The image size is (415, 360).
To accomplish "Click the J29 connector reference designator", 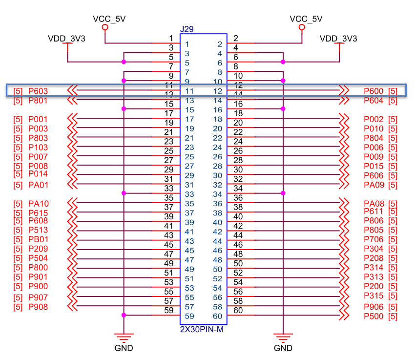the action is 187,29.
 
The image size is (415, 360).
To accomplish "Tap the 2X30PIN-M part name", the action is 202,329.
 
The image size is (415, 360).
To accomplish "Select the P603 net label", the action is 38,91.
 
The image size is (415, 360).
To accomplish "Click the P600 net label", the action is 373,91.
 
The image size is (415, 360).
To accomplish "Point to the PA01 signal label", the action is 39,185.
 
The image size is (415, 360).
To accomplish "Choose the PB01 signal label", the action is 39,239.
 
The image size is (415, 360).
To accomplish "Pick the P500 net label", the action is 373,317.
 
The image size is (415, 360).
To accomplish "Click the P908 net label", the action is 38,307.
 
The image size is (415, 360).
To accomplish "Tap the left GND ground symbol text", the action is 124,348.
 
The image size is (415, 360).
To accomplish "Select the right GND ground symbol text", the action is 283,348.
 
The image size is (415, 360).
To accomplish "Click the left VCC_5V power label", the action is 109,19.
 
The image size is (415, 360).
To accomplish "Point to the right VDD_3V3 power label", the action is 338,39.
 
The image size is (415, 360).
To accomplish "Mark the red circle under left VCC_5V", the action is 105,27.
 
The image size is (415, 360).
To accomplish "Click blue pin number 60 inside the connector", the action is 218,317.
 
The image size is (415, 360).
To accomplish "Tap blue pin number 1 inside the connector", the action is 187,44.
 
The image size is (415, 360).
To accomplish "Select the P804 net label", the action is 373,138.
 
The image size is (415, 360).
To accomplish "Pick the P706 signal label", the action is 373,239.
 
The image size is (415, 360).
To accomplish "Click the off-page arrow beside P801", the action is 72,101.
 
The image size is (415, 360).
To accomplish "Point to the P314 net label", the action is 373,267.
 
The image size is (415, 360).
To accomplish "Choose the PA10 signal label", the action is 39,204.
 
